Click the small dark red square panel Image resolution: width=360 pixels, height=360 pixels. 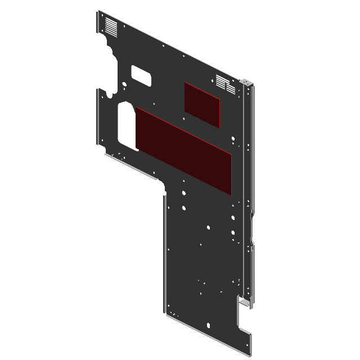pyautogui.click(x=202, y=104)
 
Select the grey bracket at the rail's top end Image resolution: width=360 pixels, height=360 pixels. pyautogui.click(x=247, y=83)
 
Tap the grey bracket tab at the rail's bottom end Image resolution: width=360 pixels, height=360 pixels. pyautogui.click(x=246, y=304)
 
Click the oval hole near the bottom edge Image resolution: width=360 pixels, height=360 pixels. pyautogui.click(x=209, y=325)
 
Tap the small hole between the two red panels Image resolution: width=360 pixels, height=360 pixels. pyautogui.click(x=184, y=119)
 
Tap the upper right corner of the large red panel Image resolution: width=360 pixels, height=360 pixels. pyautogui.click(x=231, y=153)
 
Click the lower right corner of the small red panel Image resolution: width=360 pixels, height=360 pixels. pyautogui.click(x=219, y=126)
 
